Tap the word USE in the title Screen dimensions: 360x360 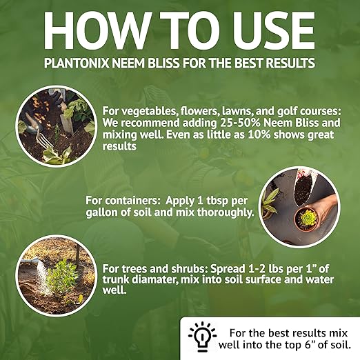tap(270, 29)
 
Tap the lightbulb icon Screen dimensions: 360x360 tap(201, 335)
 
